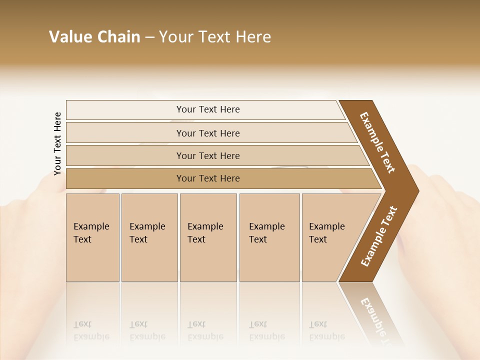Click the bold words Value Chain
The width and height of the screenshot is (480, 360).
pos(94,37)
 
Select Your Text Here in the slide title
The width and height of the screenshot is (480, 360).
pos(215,37)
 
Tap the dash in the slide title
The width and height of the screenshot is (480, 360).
pos(149,37)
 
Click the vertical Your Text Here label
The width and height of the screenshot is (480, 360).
pos(58,143)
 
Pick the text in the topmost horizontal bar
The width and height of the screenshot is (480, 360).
pos(208,109)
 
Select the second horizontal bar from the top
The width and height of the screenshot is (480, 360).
pos(208,133)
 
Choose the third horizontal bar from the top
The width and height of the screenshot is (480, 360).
pos(208,155)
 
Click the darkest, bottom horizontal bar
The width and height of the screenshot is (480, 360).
pos(208,178)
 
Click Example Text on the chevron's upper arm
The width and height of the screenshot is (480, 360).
pos(377,142)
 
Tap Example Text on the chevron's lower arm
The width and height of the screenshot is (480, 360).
pos(378,236)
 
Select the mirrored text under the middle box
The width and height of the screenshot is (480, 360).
pos(205,330)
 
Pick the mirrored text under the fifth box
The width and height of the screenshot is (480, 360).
pos(326,330)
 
